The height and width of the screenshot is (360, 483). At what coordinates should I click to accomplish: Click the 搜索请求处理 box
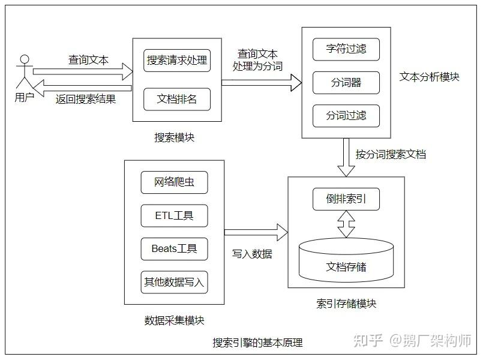pyautogui.click(x=177, y=60)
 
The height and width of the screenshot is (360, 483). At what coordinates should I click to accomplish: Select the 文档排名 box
pyautogui.click(x=177, y=99)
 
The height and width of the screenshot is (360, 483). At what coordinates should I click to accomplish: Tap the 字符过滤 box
pyautogui.click(x=346, y=49)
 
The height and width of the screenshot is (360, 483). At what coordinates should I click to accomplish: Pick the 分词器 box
pyautogui.click(x=346, y=82)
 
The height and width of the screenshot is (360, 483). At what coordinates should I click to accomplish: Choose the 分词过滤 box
pyautogui.click(x=346, y=115)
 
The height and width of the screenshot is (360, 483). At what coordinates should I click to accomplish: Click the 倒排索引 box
pyautogui.click(x=346, y=199)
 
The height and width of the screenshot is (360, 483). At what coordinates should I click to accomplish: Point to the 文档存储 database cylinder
pyautogui.click(x=346, y=260)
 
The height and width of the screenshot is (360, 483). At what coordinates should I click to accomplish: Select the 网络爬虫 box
pyautogui.click(x=174, y=182)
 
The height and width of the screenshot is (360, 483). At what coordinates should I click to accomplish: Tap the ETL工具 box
pyautogui.click(x=174, y=215)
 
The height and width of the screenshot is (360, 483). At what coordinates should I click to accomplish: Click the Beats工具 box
pyautogui.click(x=174, y=248)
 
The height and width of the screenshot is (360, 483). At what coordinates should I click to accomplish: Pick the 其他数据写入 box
pyautogui.click(x=174, y=281)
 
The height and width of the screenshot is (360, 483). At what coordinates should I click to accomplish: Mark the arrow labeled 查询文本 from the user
pyautogui.click(x=84, y=73)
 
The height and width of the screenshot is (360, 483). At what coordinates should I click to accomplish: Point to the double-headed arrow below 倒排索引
pyautogui.click(x=346, y=224)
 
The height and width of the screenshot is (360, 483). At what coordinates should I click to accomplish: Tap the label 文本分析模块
pyautogui.click(x=429, y=77)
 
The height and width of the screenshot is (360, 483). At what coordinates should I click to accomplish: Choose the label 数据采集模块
pyautogui.click(x=174, y=320)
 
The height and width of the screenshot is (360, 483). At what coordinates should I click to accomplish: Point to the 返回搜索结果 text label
pyautogui.click(x=85, y=99)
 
